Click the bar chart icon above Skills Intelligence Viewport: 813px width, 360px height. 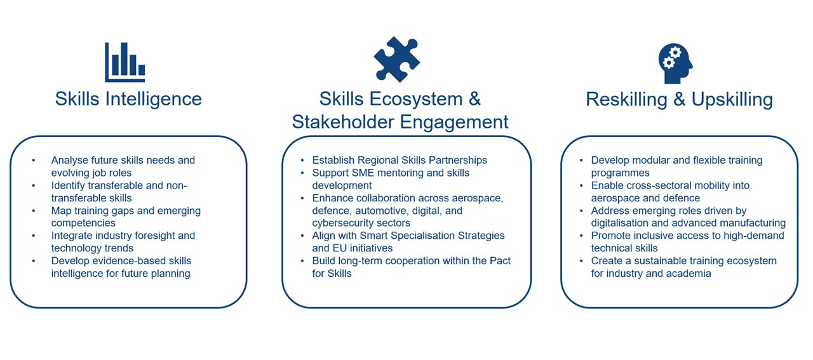coord(125,62)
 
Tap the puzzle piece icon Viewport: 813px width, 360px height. coord(397,59)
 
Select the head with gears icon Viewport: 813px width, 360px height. coord(675,63)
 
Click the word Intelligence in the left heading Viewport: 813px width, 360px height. coord(154,100)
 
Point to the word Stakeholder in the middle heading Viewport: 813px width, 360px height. coord(343,122)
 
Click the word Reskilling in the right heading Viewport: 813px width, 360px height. coord(627,100)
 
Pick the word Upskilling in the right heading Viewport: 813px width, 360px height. coord(732,100)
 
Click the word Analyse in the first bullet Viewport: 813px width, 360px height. coord(70,161)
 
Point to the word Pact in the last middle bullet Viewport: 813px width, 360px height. coord(500,260)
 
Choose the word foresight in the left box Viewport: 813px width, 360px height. coord(153,236)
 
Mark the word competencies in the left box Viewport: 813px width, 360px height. coord(83,223)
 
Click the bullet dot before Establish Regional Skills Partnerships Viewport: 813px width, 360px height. coord(302,160)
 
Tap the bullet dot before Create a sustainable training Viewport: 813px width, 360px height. coord(581,260)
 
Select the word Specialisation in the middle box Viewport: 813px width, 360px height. coord(423,236)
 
